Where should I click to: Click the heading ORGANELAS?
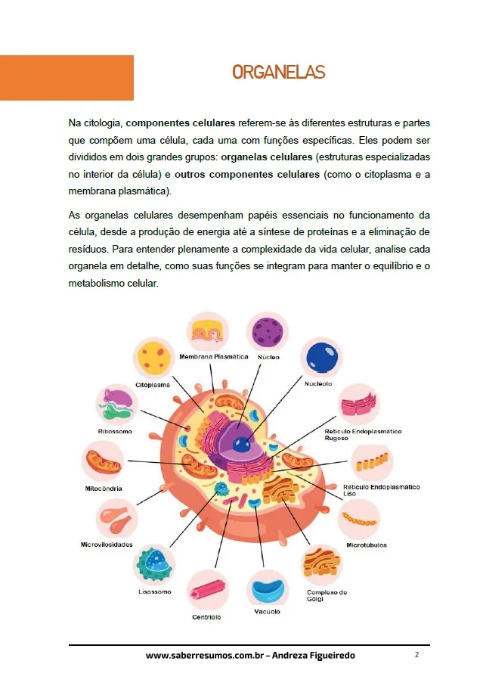[x=278, y=73]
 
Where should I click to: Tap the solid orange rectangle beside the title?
[x=67, y=78]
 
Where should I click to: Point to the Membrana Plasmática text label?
[x=213, y=357]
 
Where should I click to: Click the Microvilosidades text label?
[x=107, y=545]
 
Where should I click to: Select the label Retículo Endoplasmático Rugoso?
[x=363, y=434]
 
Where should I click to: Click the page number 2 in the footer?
[x=416, y=654]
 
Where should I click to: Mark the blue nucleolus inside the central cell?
[x=242, y=445]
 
